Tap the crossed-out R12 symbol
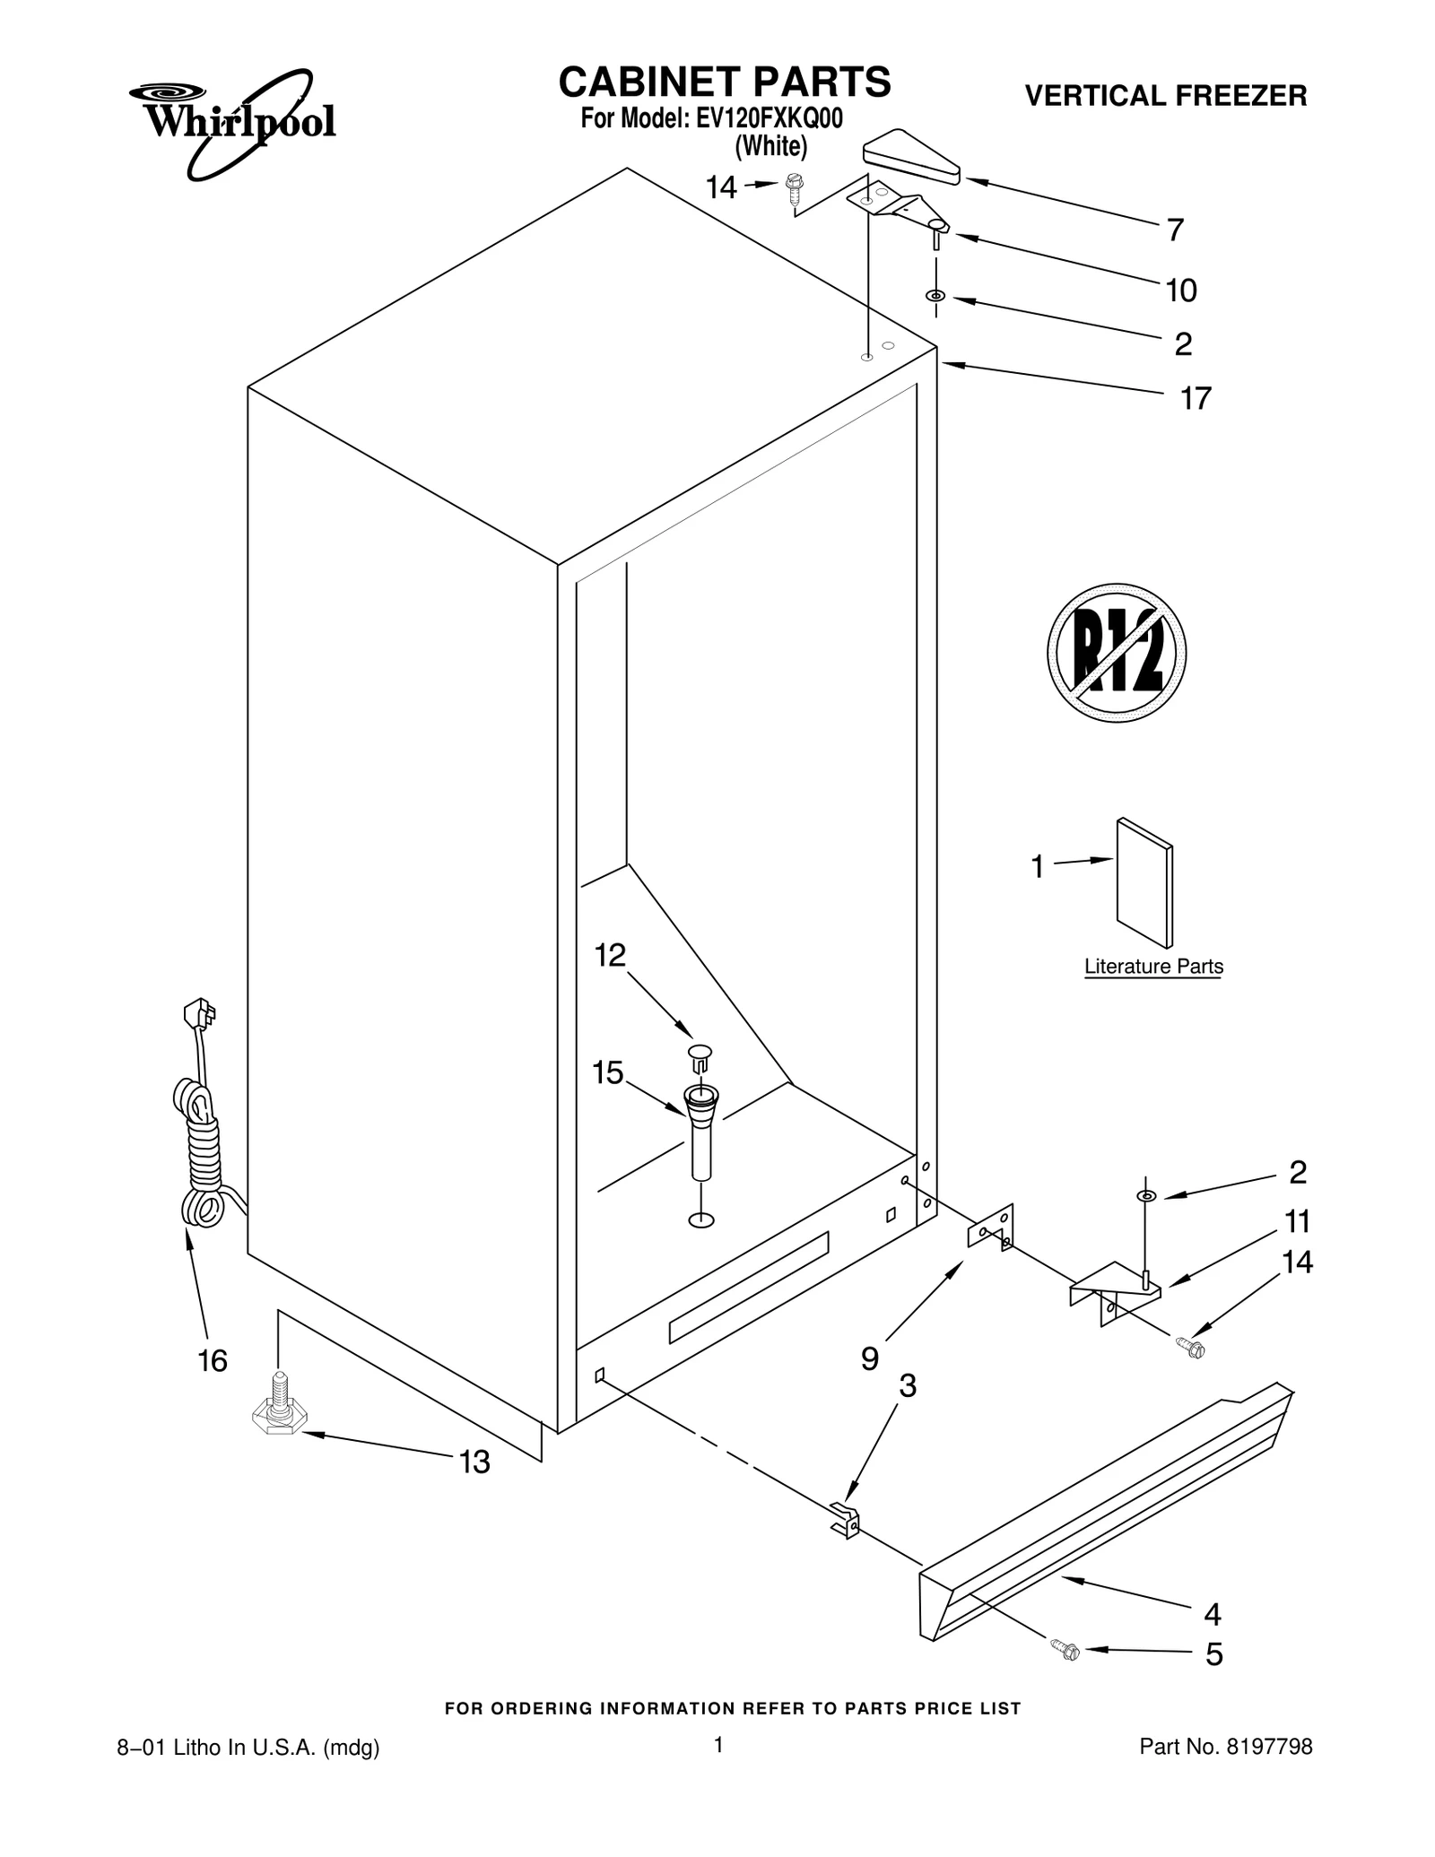[1116, 652]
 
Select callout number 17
[1195, 398]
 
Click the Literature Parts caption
[1153, 967]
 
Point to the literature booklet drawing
[1144, 882]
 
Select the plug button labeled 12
[701, 1055]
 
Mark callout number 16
[213, 1361]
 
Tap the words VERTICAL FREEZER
[1165, 96]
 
